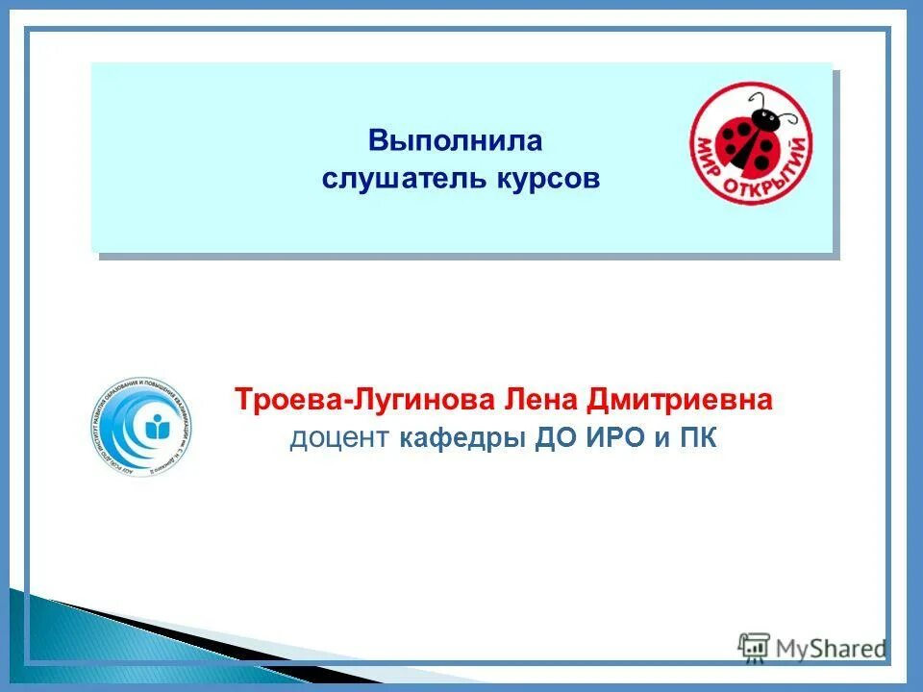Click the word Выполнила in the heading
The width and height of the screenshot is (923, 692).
(456, 141)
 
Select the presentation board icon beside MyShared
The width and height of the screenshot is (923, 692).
(754, 647)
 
